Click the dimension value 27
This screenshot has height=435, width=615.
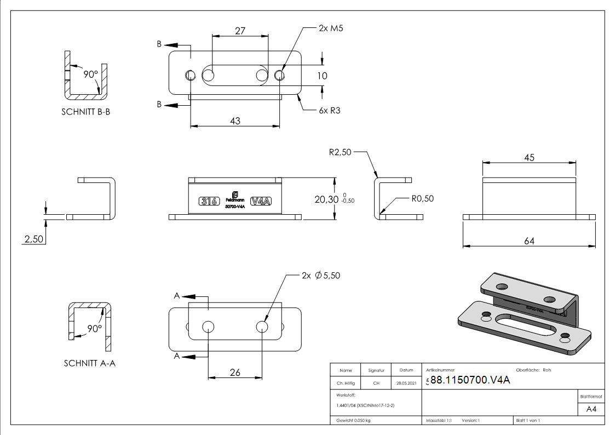(x=240, y=31)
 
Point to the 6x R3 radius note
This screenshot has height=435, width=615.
(x=330, y=110)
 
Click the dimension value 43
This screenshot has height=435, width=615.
(x=234, y=121)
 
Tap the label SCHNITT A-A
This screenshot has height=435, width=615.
(x=89, y=363)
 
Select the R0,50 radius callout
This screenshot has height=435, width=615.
(x=422, y=198)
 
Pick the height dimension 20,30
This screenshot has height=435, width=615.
(x=327, y=199)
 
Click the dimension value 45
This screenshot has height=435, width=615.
(x=528, y=157)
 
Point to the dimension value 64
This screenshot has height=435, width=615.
(x=528, y=241)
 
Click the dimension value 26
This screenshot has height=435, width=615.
(x=234, y=373)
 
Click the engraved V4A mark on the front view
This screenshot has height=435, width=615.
(x=261, y=201)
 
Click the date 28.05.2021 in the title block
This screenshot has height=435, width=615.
(x=406, y=383)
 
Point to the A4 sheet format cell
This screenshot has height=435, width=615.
(x=591, y=409)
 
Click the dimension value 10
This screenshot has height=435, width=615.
(x=322, y=75)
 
